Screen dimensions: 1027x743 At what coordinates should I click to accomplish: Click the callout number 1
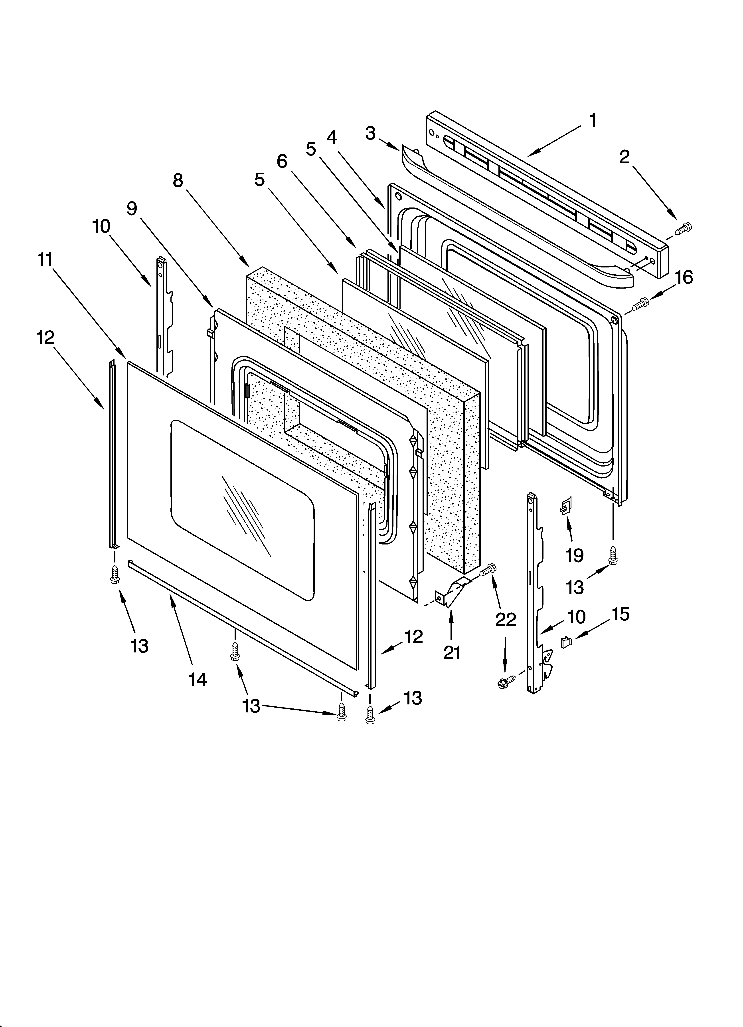[592, 121]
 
